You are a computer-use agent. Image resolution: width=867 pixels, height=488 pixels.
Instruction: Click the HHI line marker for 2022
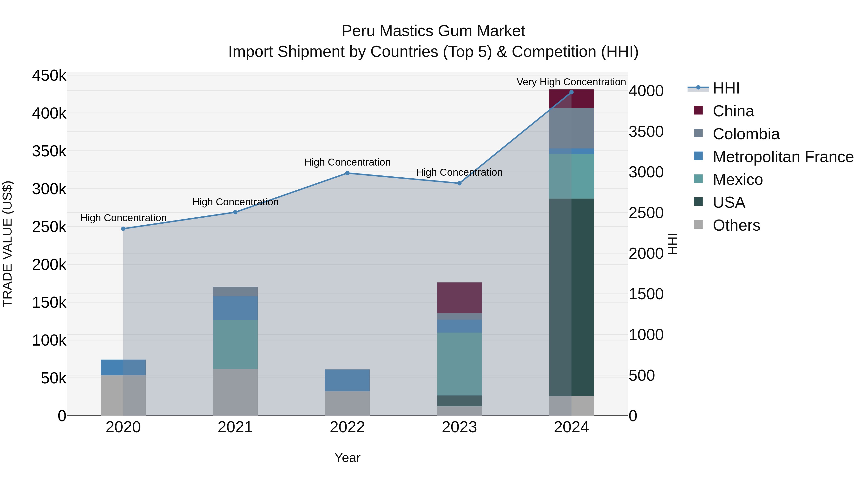click(x=347, y=173)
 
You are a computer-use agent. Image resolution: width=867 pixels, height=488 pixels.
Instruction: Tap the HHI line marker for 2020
click(x=123, y=229)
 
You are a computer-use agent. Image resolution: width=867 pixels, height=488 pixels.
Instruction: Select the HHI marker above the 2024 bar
click(x=571, y=92)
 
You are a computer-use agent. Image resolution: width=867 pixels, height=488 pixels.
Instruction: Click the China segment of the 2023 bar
click(x=460, y=298)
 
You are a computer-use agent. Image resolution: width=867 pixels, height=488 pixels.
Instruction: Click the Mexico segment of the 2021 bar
click(x=235, y=344)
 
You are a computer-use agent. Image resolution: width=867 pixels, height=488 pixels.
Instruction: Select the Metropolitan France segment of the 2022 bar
click(x=347, y=380)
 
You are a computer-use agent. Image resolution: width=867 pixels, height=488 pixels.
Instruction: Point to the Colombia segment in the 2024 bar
click(x=571, y=128)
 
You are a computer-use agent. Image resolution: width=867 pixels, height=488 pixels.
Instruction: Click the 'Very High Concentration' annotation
click(x=571, y=82)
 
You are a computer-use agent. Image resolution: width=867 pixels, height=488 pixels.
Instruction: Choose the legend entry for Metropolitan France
click(x=783, y=157)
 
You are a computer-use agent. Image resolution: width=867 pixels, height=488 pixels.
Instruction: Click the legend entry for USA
click(x=729, y=202)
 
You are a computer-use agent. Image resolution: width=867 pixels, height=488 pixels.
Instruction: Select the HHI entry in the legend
click(x=726, y=88)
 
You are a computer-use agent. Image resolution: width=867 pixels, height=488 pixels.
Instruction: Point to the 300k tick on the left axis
click(x=49, y=189)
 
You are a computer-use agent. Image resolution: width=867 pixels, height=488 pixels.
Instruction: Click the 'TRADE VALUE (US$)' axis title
click(x=7, y=244)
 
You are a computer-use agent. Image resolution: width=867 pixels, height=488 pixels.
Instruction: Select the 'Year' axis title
click(x=347, y=458)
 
